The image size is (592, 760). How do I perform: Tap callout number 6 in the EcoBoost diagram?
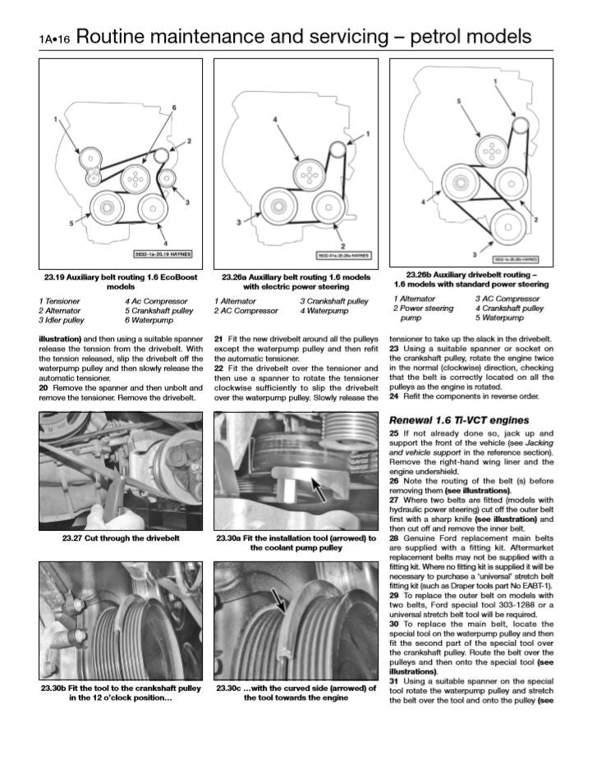pyautogui.click(x=173, y=108)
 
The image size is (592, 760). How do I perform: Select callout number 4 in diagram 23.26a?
pyautogui.click(x=275, y=120)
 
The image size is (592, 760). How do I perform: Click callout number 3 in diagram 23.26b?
pyautogui.click(x=474, y=254)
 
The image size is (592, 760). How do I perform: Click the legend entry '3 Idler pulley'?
pyautogui.click(x=61, y=321)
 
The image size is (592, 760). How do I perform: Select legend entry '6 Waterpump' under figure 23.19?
pyautogui.click(x=148, y=321)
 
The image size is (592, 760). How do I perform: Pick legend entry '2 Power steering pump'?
pyautogui.click(x=423, y=313)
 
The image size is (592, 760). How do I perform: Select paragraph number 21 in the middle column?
pyautogui.click(x=218, y=338)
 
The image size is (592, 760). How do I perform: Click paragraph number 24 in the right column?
pyautogui.click(x=394, y=396)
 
